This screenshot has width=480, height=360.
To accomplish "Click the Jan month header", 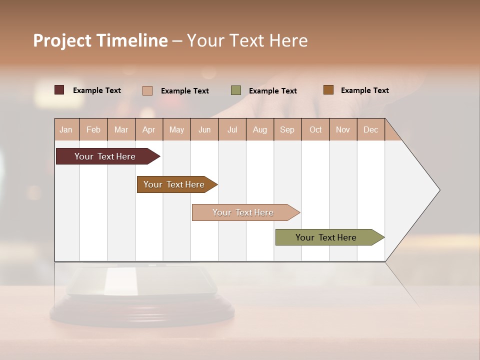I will [x=66, y=129].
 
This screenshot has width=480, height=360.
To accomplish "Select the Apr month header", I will [x=149, y=129].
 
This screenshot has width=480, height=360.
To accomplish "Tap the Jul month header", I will [x=232, y=129].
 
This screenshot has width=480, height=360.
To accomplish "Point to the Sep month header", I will [x=287, y=129].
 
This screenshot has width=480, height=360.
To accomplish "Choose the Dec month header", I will [x=370, y=129].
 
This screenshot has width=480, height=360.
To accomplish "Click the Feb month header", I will [x=93, y=129].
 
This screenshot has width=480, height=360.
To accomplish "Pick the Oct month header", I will [x=315, y=129].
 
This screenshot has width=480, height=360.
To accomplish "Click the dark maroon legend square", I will [x=59, y=90].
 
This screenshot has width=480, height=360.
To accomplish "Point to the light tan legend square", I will [x=147, y=90].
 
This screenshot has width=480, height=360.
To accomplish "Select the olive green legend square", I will [x=236, y=90].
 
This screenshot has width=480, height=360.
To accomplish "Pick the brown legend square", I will [x=328, y=90].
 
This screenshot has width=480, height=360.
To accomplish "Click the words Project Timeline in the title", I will [x=100, y=40].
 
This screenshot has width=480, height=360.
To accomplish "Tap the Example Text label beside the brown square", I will [x=364, y=90].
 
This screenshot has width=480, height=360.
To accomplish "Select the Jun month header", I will [x=204, y=129].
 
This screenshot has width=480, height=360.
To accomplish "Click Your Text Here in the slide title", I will [x=247, y=40].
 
